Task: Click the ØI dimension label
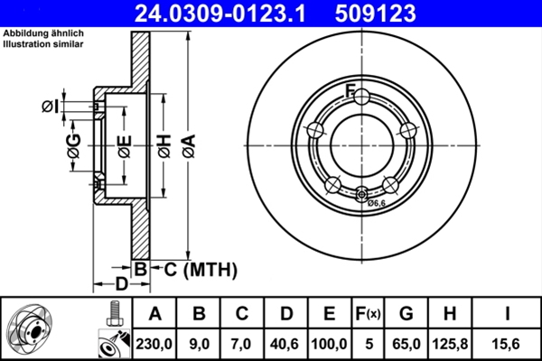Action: (50, 106)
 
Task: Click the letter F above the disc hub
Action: (350, 88)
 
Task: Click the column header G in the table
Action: (406, 314)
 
